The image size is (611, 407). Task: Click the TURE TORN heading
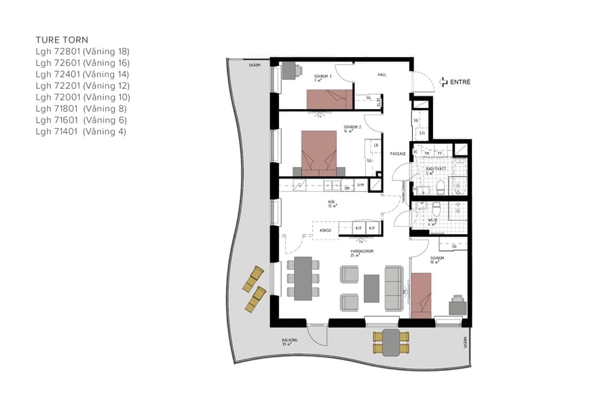click(62, 40)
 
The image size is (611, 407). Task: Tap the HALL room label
click(382, 75)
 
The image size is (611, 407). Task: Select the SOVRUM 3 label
click(322, 77)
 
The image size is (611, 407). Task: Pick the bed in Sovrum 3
click(330, 99)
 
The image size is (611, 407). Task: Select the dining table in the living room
click(303, 278)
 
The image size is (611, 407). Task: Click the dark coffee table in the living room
click(372, 288)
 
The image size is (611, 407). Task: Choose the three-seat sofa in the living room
click(393, 288)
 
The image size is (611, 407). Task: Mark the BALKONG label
click(286, 341)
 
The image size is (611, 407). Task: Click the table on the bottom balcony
click(390, 343)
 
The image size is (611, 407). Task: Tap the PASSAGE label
click(398, 154)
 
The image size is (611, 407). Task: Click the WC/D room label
click(432, 221)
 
